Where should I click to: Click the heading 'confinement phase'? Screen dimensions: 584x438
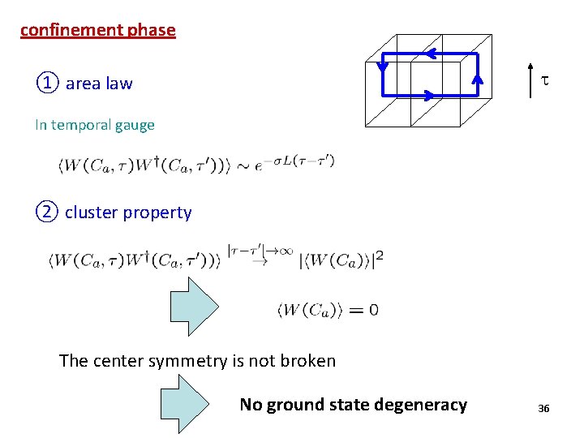click(97, 31)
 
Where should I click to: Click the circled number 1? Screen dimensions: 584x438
click(47, 83)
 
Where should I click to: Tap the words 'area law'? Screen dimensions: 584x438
click(99, 84)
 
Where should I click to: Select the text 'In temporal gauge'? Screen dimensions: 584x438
click(94, 125)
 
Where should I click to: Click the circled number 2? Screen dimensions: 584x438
click(47, 213)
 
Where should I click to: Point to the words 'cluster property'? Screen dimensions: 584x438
click(128, 213)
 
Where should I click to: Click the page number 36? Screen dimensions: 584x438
click(543, 409)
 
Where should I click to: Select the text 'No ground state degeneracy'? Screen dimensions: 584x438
click(353, 405)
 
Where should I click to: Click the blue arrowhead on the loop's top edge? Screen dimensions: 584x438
click(431, 54)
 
